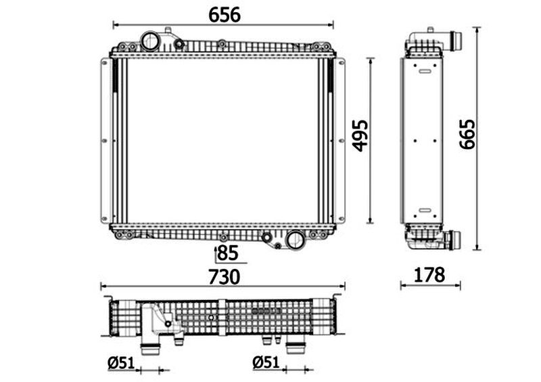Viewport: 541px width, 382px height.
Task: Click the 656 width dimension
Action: pos(225,15)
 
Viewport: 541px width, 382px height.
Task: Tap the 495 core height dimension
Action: pos(360,136)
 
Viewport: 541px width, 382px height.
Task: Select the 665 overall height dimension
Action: pos(467,135)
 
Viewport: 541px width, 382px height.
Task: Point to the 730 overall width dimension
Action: pos(225,277)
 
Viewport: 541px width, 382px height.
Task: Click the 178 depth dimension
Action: pos(429,275)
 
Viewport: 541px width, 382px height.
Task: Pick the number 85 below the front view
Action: pos(228,253)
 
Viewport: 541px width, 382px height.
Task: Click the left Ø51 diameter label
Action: pos(121,362)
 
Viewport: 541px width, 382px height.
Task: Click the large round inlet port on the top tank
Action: pos(150,41)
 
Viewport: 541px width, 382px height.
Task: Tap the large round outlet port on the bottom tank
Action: pos(296,240)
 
